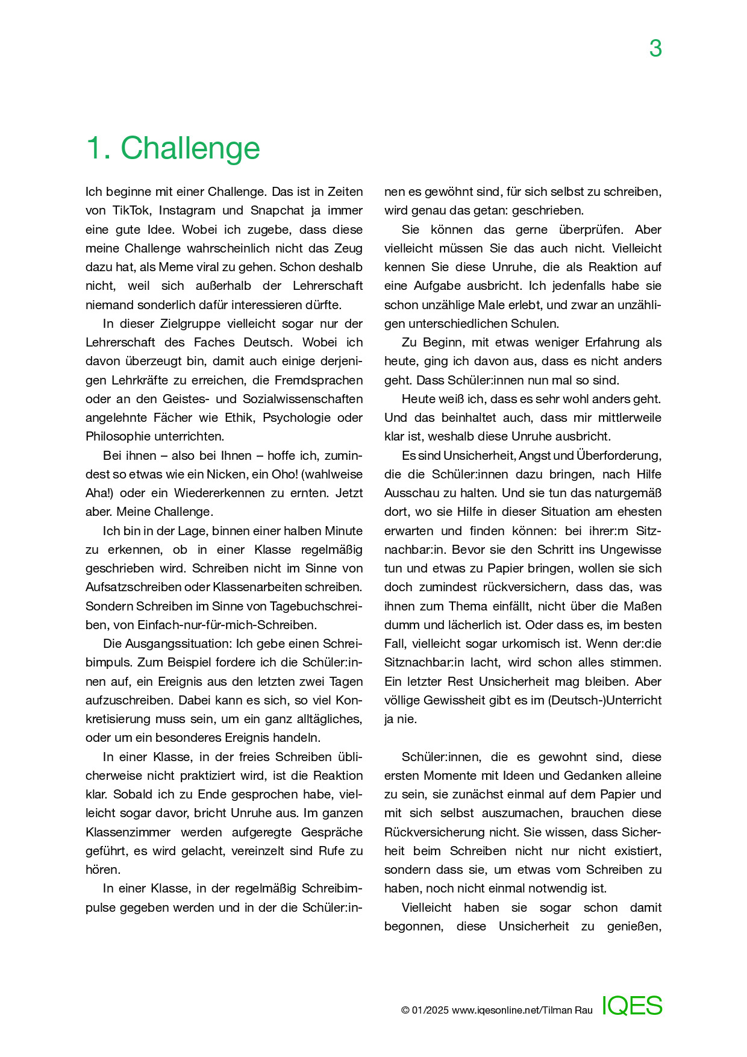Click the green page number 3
pyautogui.click(x=655, y=48)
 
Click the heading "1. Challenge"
pyautogui.click(x=173, y=148)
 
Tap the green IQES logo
pyautogui.click(x=632, y=1006)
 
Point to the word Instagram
pyautogui.click(x=187, y=210)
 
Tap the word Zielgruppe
pyautogui.click(x=192, y=324)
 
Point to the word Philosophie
pyautogui.click(x=118, y=436)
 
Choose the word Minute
pyautogui.click(x=343, y=531)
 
